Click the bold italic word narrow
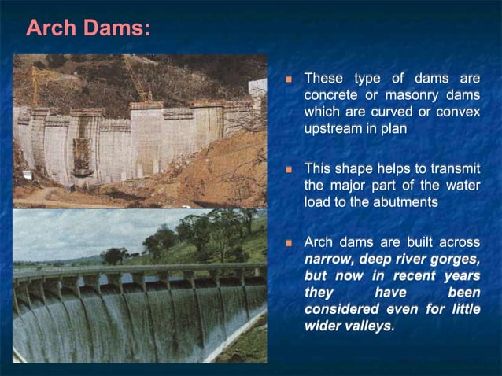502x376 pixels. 327,259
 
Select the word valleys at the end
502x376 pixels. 366,325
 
